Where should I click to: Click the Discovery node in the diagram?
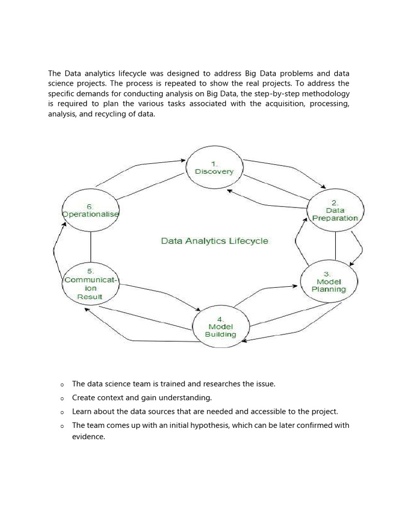[214, 167]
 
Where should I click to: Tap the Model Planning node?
[329, 282]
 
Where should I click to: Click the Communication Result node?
[90, 284]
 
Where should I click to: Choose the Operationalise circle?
[90, 211]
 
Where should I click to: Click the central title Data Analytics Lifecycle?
[215, 241]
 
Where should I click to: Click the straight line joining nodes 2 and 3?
[335, 246]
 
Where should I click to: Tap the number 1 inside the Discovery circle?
[214, 162]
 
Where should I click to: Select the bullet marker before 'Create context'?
[61, 398]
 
